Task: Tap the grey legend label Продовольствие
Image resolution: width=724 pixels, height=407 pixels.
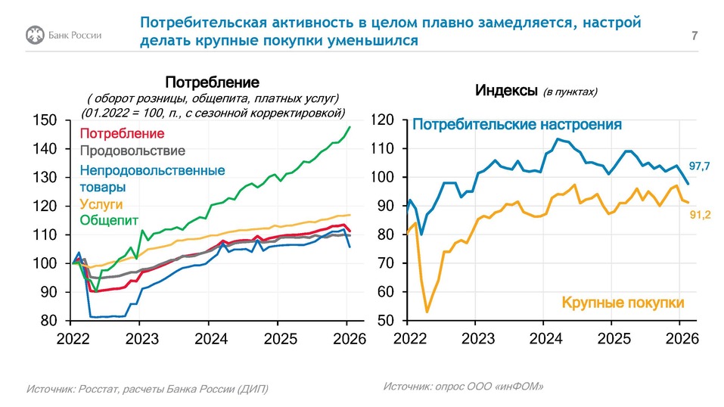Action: click(132, 151)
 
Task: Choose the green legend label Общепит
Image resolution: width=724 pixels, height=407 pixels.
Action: click(105, 221)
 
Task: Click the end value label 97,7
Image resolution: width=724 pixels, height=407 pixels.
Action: click(701, 165)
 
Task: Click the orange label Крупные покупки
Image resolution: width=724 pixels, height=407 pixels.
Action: click(623, 303)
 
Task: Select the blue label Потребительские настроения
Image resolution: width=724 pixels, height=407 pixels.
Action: click(517, 124)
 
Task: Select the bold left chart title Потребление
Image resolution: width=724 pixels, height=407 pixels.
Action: click(212, 82)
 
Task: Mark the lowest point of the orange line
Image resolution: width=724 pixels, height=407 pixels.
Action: click(427, 312)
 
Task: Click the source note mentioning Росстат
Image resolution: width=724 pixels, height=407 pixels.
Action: click(147, 389)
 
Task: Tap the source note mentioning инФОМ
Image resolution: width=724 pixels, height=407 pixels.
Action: click(463, 386)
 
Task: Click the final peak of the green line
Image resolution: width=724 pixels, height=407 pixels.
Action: click(350, 127)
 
